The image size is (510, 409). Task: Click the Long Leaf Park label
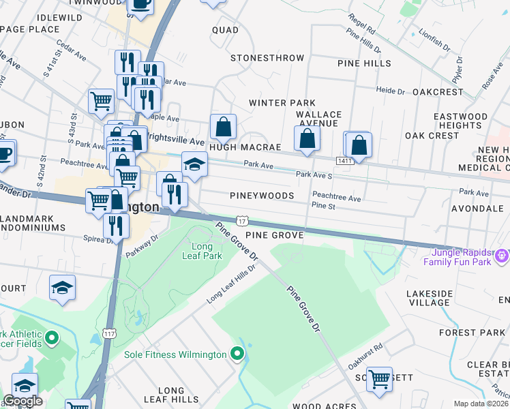(x=207, y=251)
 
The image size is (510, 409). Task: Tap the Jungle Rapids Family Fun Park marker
(x=502, y=256)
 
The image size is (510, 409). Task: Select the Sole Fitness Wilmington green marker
(x=237, y=354)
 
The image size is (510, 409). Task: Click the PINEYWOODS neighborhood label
(x=262, y=196)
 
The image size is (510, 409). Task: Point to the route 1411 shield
(x=344, y=160)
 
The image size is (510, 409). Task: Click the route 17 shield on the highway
(x=242, y=220)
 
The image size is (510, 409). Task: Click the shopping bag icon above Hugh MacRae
(x=223, y=127)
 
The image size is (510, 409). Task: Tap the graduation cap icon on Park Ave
(x=194, y=164)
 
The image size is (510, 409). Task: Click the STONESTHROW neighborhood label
(x=267, y=58)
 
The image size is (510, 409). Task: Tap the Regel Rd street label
(x=361, y=26)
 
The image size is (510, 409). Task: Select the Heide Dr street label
(x=391, y=90)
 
